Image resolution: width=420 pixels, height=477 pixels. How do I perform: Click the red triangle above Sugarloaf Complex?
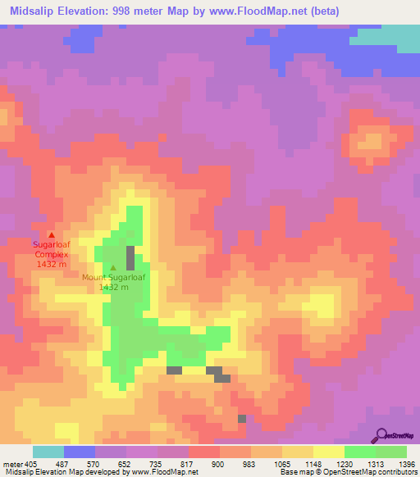pyautogui.click(x=52, y=235)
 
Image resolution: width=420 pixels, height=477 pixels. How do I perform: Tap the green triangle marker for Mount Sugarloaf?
pyautogui.click(x=113, y=267)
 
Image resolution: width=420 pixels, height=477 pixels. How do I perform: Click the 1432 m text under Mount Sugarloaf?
pyautogui.click(x=113, y=287)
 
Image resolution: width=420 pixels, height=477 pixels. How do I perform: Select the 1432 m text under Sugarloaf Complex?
pyautogui.click(x=52, y=264)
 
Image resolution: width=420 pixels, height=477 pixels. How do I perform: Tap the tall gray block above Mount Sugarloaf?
pyautogui.click(x=130, y=257)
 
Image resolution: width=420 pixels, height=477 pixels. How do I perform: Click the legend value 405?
pyautogui.click(x=31, y=463)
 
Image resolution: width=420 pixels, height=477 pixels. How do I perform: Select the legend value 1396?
pyautogui.click(x=395, y=463)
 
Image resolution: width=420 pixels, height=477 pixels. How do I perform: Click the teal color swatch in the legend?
pyautogui.click(x=48, y=452)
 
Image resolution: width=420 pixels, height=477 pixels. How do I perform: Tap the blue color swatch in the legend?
pyautogui.click(x=79, y=452)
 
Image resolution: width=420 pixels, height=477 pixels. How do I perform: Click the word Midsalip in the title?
pyautogui.click(x=34, y=11)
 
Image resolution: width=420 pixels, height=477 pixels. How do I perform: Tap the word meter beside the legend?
pyautogui.click(x=11, y=463)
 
